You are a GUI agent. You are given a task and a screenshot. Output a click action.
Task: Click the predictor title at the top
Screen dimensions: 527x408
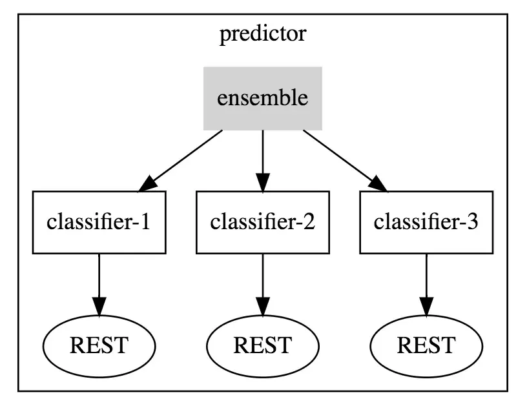click(x=263, y=34)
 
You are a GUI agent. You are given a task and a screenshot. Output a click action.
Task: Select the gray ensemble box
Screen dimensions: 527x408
click(x=263, y=99)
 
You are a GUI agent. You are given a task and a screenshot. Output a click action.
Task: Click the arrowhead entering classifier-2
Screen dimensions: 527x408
click(x=263, y=183)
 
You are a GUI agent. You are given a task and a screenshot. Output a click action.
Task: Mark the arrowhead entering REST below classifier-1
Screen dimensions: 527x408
click(x=99, y=307)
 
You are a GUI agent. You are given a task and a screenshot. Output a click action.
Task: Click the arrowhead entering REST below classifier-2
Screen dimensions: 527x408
click(x=263, y=307)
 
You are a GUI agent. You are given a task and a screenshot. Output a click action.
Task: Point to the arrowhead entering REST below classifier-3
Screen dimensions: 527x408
click(x=426, y=307)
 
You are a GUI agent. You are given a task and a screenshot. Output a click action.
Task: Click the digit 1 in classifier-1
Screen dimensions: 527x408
click(x=145, y=222)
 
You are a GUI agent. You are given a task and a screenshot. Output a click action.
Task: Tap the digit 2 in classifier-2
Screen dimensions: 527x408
click(x=309, y=222)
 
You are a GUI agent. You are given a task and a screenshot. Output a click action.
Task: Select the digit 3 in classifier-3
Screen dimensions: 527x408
click(x=473, y=222)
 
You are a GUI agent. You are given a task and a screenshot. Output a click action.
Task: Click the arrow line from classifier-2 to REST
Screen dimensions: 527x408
click(x=263, y=285)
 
